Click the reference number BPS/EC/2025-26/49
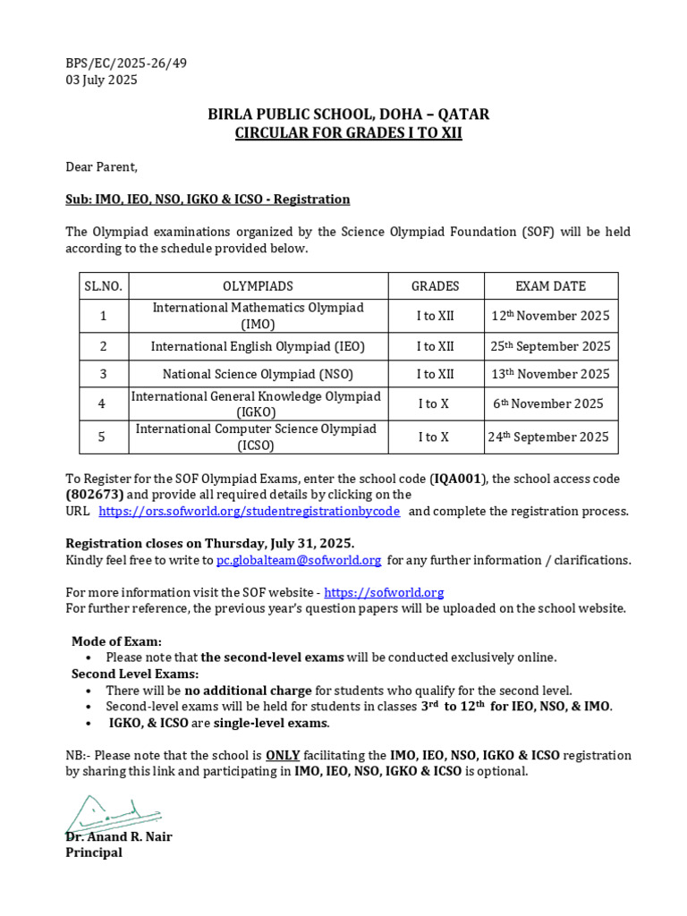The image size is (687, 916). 126,64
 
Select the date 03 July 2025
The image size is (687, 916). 101,80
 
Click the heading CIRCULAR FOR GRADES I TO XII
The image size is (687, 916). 348,134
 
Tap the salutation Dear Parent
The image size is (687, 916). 101,166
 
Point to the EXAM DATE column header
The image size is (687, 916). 550,286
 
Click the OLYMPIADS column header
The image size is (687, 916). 258,286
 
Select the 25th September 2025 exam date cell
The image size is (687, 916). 550,346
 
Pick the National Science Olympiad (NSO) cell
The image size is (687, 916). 258,374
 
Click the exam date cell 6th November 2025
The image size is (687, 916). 548,403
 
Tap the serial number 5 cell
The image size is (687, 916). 103,437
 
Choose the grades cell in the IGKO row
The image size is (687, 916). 435,403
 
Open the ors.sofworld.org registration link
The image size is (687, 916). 249,511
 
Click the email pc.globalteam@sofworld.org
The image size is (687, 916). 299,560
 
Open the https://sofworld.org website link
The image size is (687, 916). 384,592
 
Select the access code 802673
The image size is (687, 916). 95,495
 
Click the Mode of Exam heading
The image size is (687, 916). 117,641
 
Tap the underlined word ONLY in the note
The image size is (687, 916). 282,755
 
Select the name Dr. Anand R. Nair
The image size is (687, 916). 119,837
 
